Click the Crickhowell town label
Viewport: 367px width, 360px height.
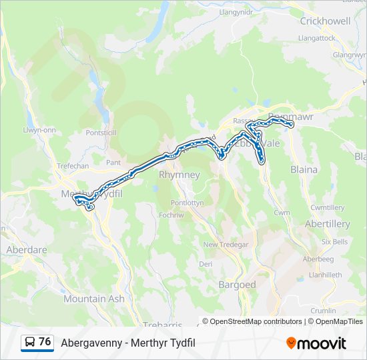(325, 21)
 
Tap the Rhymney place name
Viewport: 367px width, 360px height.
(179, 175)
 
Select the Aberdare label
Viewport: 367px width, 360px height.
(26, 249)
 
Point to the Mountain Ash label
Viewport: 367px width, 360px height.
(94, 299)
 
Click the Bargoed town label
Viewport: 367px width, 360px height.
(237, 285)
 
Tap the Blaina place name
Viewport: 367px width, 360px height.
(304, 169)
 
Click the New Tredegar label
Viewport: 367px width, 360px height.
(226, 245)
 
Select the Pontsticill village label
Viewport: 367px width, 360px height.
(101, 133)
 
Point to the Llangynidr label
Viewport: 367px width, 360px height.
(238, 11)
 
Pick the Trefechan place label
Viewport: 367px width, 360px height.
(73, 166)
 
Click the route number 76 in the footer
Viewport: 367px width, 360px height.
(45, 342)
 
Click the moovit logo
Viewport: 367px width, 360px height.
(316, 343)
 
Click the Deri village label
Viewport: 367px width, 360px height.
(206, 265)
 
